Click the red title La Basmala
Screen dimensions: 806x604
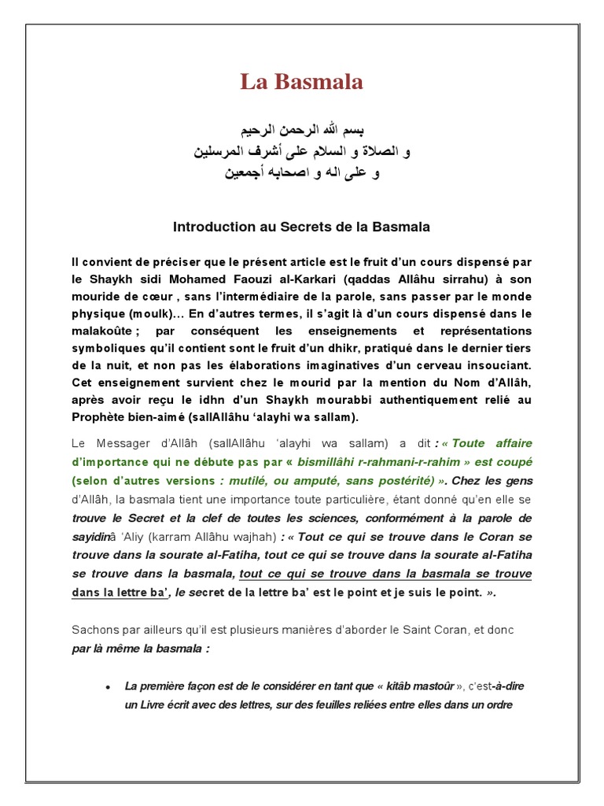[x=301, y=83]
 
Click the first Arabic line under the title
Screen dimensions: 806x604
[x=302, y=129]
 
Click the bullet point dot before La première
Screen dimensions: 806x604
[x=107, y=687]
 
